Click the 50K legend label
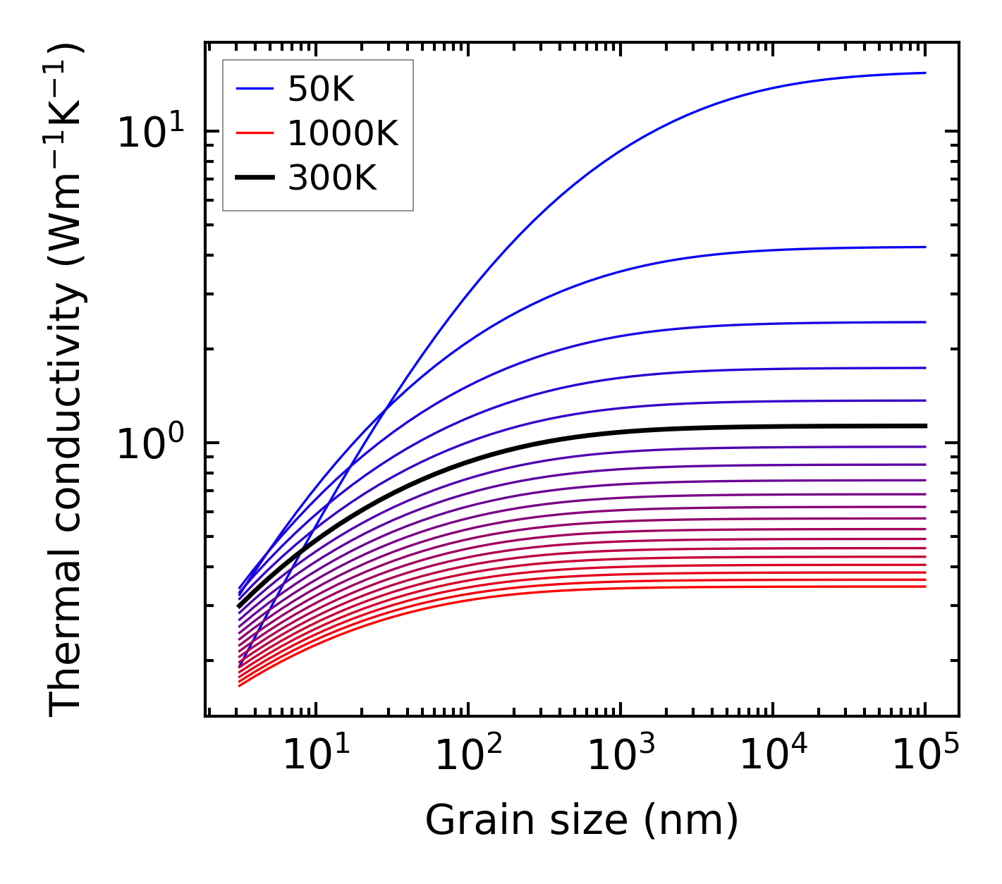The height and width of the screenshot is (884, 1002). point(321,90)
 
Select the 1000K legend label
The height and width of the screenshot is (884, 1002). point(343,133)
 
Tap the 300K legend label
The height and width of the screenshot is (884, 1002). point(332,178)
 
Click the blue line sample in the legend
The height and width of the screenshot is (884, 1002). point(254,89)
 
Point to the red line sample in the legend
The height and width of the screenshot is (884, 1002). point(254,133)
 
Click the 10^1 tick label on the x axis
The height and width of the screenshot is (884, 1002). point(315,756)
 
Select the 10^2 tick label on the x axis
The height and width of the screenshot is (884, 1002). point(468,756)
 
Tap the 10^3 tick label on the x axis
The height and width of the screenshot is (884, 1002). point(621,756)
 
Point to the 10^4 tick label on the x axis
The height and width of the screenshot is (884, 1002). point(773,756)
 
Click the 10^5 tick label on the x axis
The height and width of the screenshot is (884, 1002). point(925,756)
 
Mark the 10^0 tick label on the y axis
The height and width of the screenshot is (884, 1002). point(150,443)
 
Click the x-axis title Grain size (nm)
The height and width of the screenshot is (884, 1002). point(582,821)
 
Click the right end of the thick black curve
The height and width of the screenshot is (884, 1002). point(924,426)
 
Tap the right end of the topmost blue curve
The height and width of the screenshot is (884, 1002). point(924,73)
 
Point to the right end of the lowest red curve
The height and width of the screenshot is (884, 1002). point(924,587)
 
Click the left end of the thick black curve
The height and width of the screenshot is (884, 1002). point(240,606)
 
